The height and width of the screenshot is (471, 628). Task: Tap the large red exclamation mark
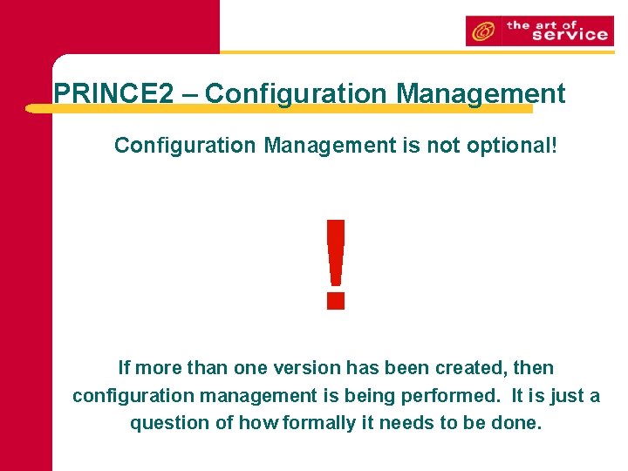pos(335,264)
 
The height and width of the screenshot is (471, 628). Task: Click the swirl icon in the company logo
pos(481,31)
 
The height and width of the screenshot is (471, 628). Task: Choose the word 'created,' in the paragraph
pos(469,368)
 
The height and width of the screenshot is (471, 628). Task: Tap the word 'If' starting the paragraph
pos(124,368)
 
